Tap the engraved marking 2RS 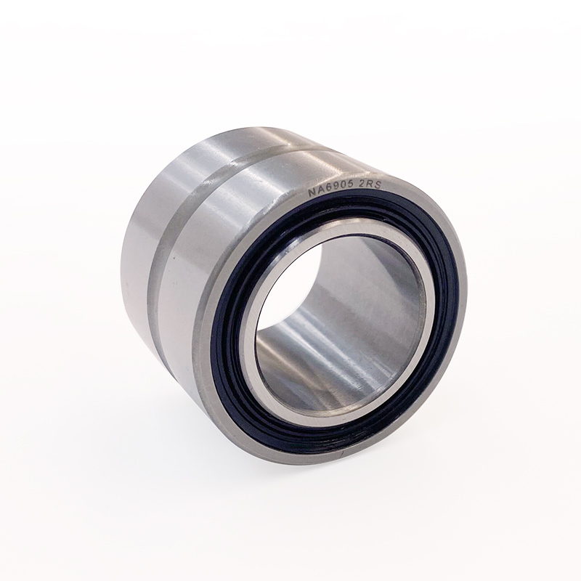click(370, 186)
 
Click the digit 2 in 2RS click(364, 187)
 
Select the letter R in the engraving click(370, 186)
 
